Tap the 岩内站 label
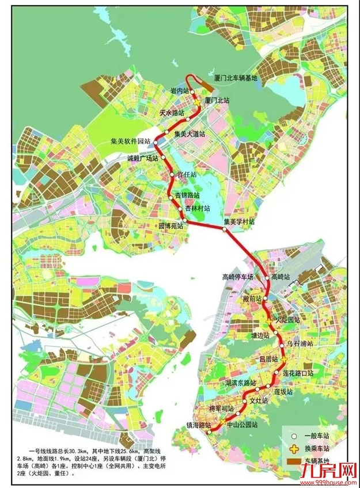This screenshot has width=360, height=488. pyautogui.click(x=180, y=91)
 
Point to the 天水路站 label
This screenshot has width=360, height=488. pyautogui.click(x=172, y=113)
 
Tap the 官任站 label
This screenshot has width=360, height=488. pyautogui.click(x=186, y=174)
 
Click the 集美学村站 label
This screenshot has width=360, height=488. pyautogui.click(x=239, y=221)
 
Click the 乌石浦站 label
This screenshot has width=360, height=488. pyautogui.click(x=300, y=343)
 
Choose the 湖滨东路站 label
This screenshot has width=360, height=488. pyautogui.click(x=240, y=383)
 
